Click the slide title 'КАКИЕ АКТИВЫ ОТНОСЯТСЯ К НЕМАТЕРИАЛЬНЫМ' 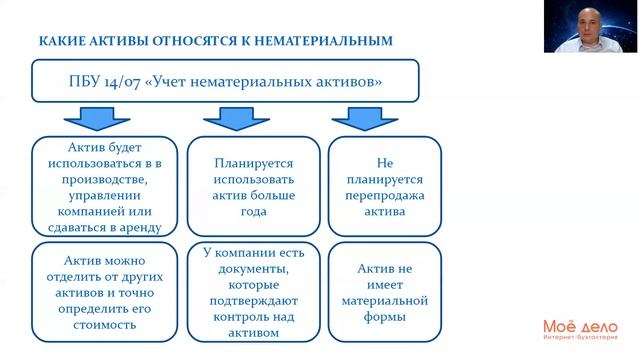(x=215, y=41)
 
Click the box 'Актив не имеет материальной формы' (x=385, y=291)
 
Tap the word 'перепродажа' (x=385, y=195)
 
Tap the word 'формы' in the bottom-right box (x=385, y=317)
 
